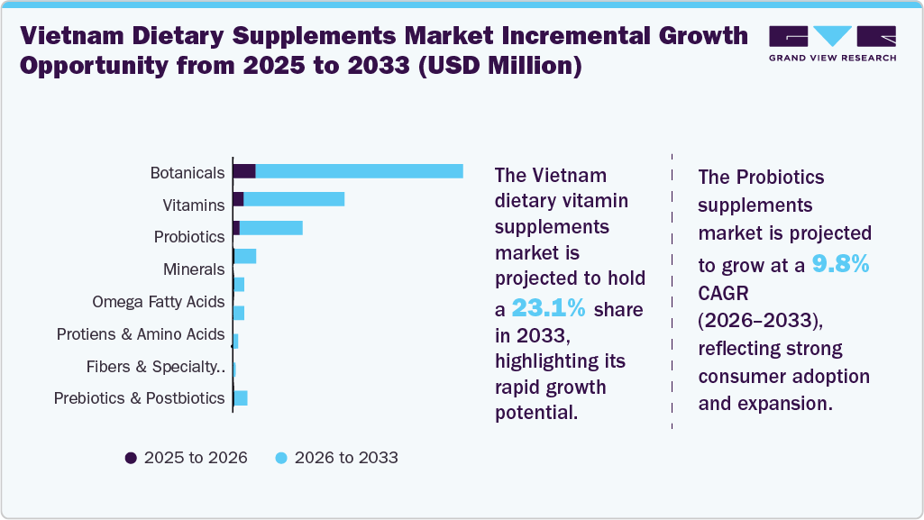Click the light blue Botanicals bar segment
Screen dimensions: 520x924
pos(359,171)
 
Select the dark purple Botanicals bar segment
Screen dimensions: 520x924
pos(244,171)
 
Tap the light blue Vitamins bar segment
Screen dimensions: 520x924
pos(294,199)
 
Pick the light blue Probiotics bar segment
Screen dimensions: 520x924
pos(270,227)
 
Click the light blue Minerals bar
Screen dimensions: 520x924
pos(245,256)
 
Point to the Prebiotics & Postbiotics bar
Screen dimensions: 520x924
pos(241,397)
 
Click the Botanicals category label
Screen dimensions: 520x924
pos(187,172)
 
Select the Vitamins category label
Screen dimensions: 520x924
pos(193,205)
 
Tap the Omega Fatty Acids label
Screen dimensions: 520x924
pos(158,301)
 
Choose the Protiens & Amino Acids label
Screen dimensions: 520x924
pos(140,333)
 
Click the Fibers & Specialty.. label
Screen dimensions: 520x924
pos(155,366)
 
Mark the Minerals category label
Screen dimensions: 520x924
pos(193,269)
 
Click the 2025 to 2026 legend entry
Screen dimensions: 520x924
pos(186,457)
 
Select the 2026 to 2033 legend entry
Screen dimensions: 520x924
pos(335,457)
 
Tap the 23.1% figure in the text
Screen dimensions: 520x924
pos(548,308)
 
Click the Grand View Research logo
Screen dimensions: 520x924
pos(831,43)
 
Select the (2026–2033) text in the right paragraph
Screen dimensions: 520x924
pos(760,321)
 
